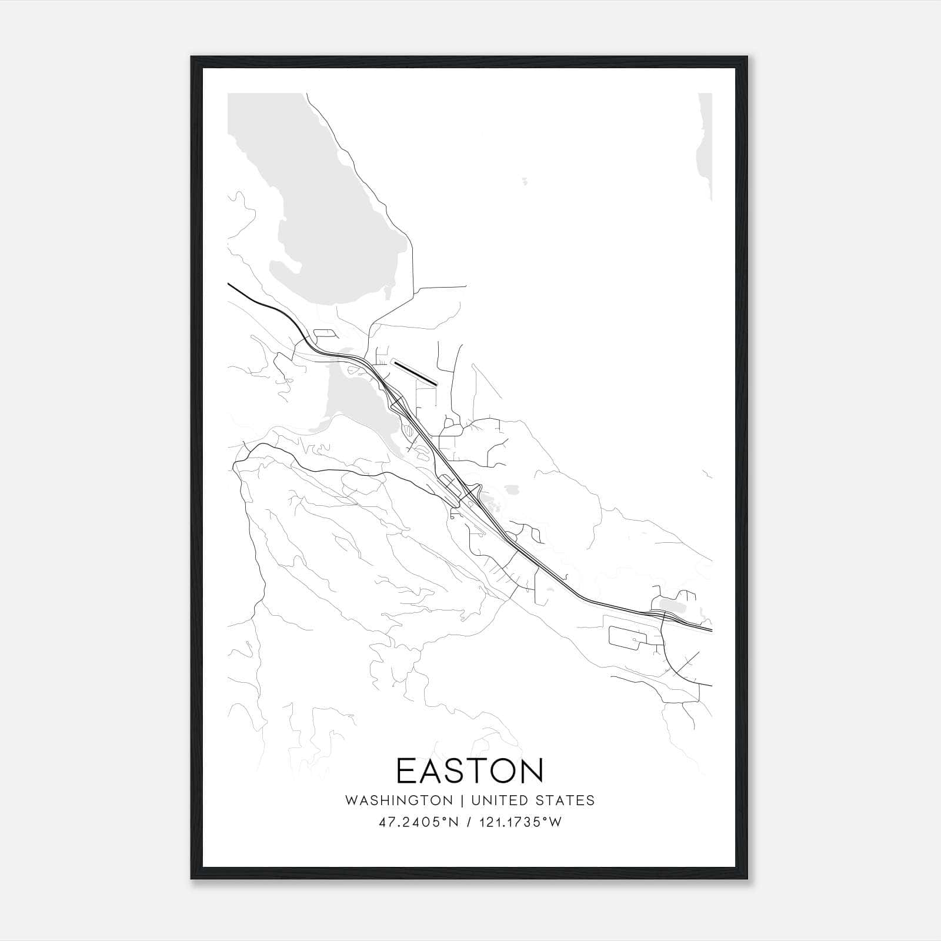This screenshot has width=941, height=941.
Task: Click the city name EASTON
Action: click(470, 770)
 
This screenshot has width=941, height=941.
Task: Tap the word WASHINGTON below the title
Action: click(399, 800)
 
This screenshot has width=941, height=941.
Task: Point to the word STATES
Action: click(566, 800)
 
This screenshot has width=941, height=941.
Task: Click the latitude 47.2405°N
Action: click(419, 822)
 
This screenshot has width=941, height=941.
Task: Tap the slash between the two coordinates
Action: click(469, 822)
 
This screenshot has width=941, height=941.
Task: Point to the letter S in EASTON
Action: click(455, 770)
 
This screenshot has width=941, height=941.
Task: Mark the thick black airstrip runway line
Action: click(416, 373)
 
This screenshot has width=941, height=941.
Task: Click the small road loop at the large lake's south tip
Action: click(325, 333)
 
